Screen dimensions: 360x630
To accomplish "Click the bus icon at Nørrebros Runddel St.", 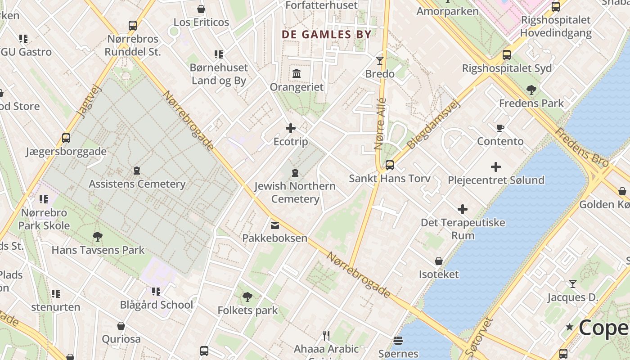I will point(132,26).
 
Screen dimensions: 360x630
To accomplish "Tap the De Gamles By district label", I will point(327,35).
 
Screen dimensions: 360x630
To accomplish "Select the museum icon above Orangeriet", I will point(297,73).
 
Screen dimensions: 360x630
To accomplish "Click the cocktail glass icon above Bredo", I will point(380,60).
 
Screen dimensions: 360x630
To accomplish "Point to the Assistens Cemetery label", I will point(137,184).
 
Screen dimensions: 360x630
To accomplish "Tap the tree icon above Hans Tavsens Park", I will point(97,236).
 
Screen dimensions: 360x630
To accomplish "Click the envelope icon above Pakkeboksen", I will point(274,225).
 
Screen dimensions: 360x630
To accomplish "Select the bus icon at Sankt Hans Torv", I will point(390,165).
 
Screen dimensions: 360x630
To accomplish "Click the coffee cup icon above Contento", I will point(500,128).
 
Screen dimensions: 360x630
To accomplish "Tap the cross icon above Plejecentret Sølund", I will point(496,167).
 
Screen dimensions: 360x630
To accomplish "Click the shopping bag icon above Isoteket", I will point(439,261).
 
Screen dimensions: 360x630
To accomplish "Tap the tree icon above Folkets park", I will point(247,297).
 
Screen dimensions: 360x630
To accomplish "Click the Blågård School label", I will point(156,305).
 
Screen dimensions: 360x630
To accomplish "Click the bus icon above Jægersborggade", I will point(66,138).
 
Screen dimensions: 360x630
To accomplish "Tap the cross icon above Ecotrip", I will point(291,129).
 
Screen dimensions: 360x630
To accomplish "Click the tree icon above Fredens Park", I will point(531,90).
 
